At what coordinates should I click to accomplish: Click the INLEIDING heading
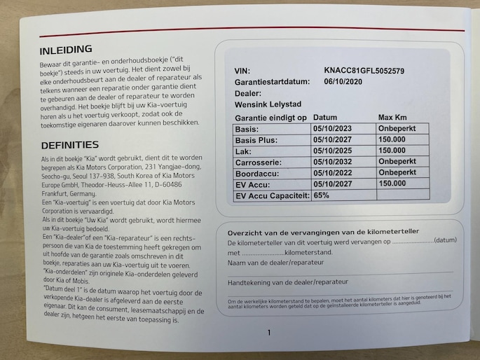point(66,50)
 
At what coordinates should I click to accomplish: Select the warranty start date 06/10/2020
point(345,82)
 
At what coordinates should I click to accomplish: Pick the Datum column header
point(325,117)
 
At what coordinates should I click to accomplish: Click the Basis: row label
point(248,130)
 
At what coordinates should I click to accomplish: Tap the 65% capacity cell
point(322,195)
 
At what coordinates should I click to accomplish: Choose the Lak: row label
point(245,151)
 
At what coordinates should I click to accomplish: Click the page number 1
point(268,332)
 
